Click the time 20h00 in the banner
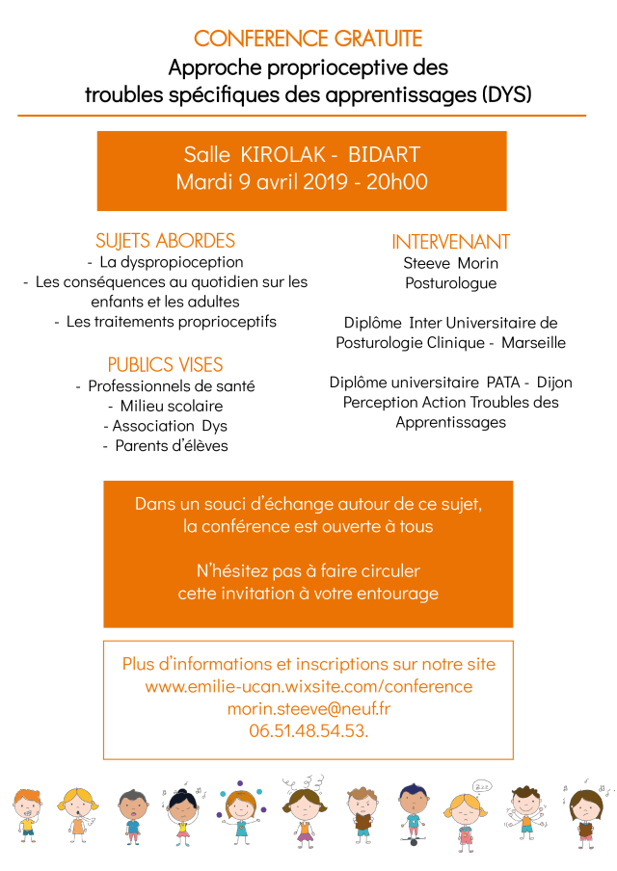[x=397, y=182]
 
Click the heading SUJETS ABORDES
[x=165, y=241]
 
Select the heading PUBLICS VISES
[x=165, y=365]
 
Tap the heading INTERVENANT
[x=450, y=242]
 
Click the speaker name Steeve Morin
[x=450, y=263]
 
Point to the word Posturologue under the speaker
[x=450, y=283]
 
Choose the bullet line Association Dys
[x=165, y=426]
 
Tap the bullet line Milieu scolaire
[x=165, y=406]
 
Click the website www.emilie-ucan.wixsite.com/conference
[x=308, y=687]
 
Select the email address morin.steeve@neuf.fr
[x=308, y=709]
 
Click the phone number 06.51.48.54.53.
[x=308, y=731]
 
